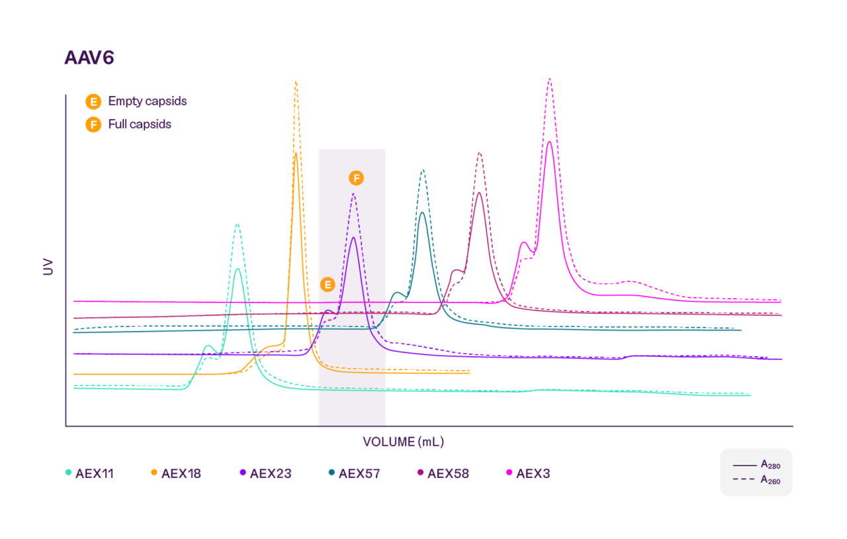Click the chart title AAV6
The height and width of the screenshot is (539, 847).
89,58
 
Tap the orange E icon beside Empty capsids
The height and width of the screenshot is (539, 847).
93,102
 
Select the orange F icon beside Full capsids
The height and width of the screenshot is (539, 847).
93,124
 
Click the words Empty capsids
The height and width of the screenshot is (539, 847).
147,101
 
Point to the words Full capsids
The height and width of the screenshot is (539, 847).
140,124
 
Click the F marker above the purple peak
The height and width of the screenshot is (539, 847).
357,178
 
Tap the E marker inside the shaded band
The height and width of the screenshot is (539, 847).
327,285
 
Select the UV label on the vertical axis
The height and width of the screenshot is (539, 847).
48,266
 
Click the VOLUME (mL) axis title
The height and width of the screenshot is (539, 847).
403,442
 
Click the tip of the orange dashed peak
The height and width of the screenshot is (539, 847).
296,82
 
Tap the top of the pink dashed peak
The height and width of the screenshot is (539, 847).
550,78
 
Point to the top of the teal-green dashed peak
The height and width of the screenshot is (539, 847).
237,224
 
